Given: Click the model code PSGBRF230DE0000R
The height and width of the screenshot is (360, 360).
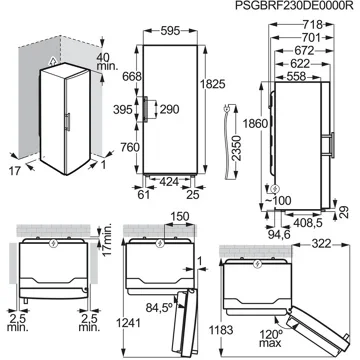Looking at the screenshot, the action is pyautogui.click(x=294, y=6).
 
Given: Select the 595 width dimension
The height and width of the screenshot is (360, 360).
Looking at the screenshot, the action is pyautogui.click(x=170, y=31).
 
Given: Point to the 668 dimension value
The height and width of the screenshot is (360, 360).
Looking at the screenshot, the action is pyautogui.click(x=132, y=76).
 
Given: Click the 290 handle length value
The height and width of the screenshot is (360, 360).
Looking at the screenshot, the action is pyautogui.click(x=169, y=109).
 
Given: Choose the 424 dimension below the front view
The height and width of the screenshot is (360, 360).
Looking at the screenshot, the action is pyautogui.click(x=170, y=182).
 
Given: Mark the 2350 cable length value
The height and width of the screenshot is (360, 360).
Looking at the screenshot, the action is pyautogui.click(x=236, y=148).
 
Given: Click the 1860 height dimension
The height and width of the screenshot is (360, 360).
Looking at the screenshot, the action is pyautogui.click(x=255, y=123).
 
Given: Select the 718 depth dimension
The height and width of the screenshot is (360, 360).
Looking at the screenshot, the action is pyautogui.click(x=313, y=25).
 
